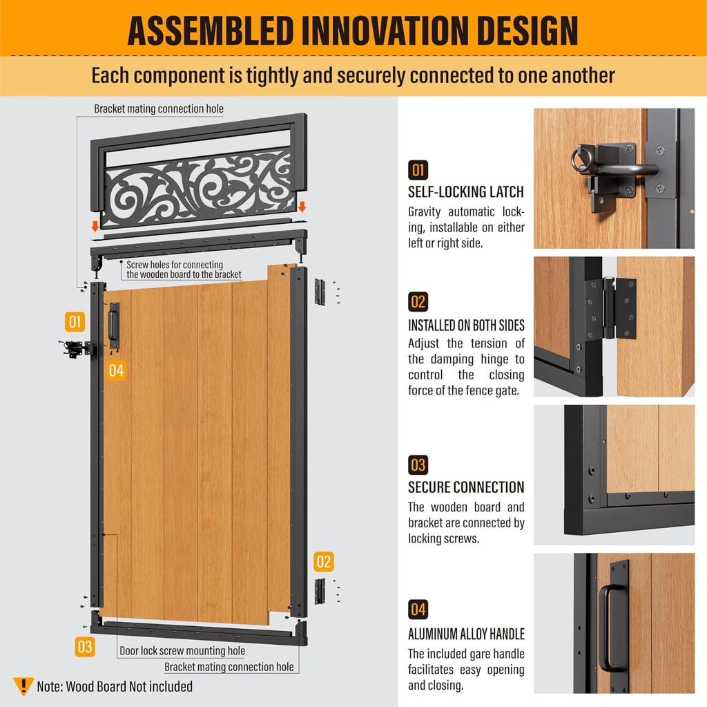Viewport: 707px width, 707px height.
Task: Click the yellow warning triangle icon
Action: pos(23,686)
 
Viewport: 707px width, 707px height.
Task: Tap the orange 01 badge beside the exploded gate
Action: pos(75,321)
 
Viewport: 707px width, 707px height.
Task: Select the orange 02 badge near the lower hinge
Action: pos(324,562)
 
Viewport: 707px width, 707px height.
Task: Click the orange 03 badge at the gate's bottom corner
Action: pos(85,646)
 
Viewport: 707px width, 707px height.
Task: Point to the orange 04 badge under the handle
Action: pos(116,370)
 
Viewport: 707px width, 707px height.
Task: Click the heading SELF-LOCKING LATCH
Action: pos(466,192)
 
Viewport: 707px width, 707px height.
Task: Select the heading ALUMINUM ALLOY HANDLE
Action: pos(466,634)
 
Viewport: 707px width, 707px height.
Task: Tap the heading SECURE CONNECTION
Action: pos(466,487)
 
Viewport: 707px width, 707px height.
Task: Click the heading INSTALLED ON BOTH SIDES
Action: pos(466,326)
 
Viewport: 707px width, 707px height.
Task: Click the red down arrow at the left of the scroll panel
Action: pos(95,226)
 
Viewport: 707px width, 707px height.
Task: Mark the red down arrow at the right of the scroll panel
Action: pos(302,207)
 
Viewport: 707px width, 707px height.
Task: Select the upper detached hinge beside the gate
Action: pos(320,292)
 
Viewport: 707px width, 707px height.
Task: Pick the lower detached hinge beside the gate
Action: pos(320,591)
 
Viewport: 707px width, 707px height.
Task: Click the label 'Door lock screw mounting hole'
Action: pos(182,650)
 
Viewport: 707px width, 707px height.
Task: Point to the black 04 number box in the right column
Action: pos(418,610)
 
